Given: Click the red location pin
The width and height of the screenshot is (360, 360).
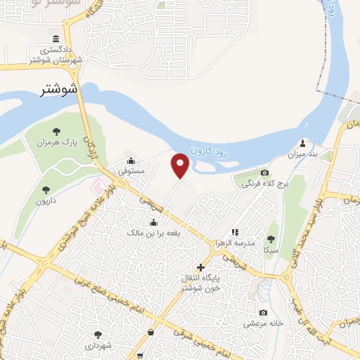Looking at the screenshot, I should point(181,166).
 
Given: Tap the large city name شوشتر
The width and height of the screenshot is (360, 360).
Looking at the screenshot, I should point(54,89).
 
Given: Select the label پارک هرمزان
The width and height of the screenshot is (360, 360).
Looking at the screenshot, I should point(56,143).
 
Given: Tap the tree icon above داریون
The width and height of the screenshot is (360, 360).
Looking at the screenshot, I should point(46,189).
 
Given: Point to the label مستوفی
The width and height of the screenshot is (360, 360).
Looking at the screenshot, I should point(131,170).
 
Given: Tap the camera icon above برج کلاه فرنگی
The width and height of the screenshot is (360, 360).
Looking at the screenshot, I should point(264,173).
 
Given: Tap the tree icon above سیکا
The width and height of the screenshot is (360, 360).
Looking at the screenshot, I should point(271,239).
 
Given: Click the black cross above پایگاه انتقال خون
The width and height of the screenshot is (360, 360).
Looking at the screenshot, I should point(202,267).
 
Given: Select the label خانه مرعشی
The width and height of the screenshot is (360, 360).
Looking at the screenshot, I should point(262,324).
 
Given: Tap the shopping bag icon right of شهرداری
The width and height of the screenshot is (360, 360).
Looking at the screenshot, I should point(150,332).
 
